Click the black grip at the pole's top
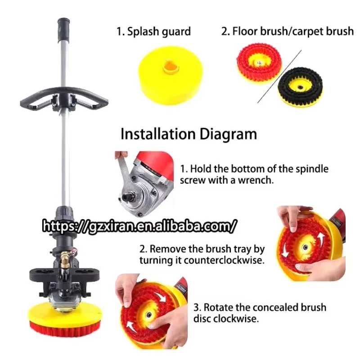pos(63,29)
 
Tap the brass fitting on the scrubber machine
pos(65,260)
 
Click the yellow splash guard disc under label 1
pos(171,75)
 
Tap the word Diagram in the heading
pos(228,135)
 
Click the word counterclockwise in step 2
pos(224,261)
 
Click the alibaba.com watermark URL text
pos(139,226)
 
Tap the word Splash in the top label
pos(144,32)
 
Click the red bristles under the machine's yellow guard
pos(65,330)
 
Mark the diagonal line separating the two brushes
pos(279,76)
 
